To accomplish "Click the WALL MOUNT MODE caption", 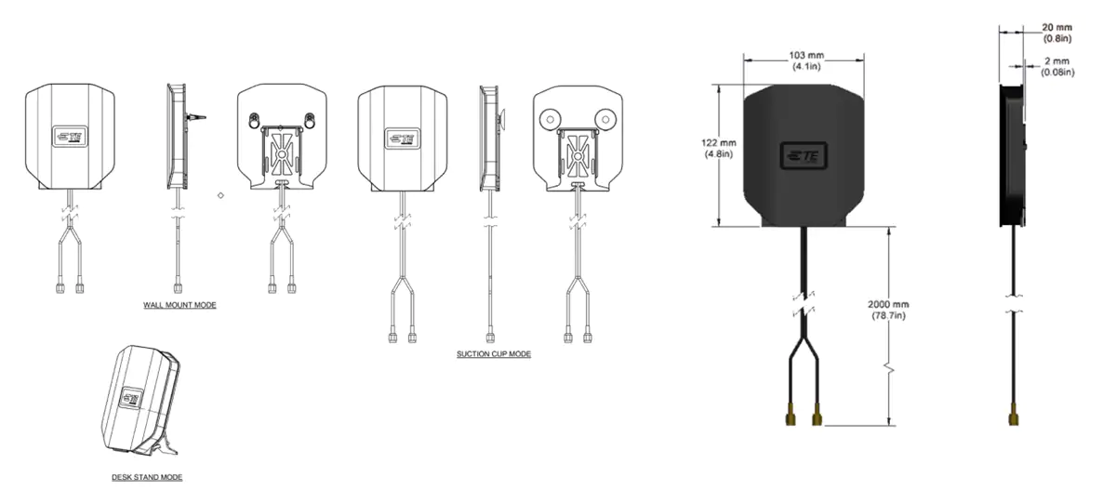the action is pos(179,305).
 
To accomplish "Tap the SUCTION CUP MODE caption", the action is pos(494,354).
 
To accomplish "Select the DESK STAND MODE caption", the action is pos(147,477).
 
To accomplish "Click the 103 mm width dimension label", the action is pos(806,60).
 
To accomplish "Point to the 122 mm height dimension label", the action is pos(718,149).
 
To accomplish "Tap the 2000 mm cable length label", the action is pos(888,310).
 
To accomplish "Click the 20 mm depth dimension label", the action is pos(1056,33).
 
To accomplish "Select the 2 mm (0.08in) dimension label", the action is pos(1057,67).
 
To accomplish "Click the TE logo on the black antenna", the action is pos(804,156).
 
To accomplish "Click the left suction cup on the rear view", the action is pos(550,120).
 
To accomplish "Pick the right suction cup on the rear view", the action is pos(605,120).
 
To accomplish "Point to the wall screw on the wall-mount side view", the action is pos(196,118).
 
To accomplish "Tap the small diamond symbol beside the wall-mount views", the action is pos(220,195).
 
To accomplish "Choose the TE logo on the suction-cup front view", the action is pos(403,139).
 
